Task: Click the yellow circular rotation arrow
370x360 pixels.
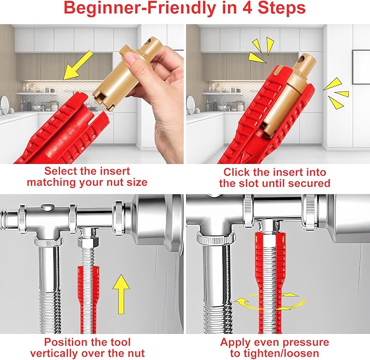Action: (x=267, y=299)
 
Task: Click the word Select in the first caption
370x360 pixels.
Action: (x=63, y=171)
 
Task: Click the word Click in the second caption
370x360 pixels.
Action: (x=237, y=171)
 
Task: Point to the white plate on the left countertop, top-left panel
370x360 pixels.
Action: (x=4, y=103)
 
